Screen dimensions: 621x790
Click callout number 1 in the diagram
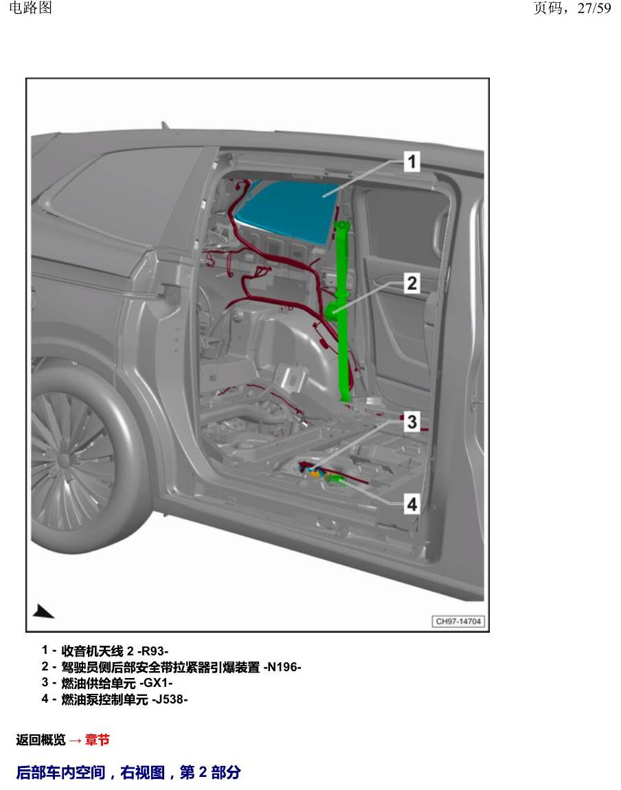pos(412,161)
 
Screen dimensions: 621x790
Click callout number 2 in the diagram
pos(412,283)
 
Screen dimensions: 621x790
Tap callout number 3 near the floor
pos(412,421)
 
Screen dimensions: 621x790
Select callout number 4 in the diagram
pos(412,504)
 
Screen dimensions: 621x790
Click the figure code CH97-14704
pos(458,621)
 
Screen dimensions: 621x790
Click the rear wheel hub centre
pos(64,459)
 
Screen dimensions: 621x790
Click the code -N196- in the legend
pos(282,667)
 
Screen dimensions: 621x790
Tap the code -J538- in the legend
pos(170,699)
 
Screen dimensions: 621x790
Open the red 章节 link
pos(98,740)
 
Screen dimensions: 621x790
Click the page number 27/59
pos(594,8)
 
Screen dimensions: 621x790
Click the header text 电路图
pos(31,8)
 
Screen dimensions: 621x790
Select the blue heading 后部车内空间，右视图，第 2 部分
pos(128,772)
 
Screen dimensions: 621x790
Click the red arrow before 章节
pos(75,740)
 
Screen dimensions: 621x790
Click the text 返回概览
pos(41,740)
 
